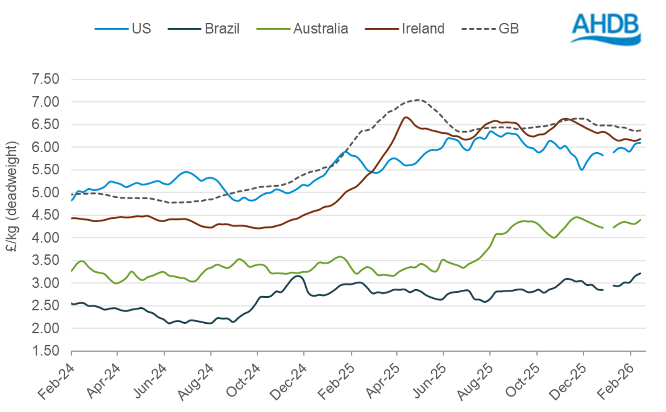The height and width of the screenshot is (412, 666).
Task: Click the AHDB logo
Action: click(x=606, y=29)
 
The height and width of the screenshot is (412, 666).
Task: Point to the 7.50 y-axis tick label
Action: click(x=46, y=79)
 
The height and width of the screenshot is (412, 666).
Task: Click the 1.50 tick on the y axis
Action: click(x=46, y=351)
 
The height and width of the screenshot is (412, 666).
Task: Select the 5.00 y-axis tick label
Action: click(x=46, y=192)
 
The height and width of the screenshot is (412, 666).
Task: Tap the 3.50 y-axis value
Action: click(x=46, y=260)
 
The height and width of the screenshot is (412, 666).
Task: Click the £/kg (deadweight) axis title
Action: click(x=12, y=197)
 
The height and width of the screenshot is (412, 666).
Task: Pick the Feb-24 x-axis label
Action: click(x=56, y=381)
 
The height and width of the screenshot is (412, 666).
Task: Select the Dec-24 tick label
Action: click(x=288, y=381)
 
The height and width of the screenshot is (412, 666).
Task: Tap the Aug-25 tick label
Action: click(x=475, y=381)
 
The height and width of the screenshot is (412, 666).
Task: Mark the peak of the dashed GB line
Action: click(x=418, y=100)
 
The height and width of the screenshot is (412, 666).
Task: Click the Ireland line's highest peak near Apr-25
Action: click(x=405, y=117)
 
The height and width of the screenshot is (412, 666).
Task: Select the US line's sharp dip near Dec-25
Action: click(x=581, y=170)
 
